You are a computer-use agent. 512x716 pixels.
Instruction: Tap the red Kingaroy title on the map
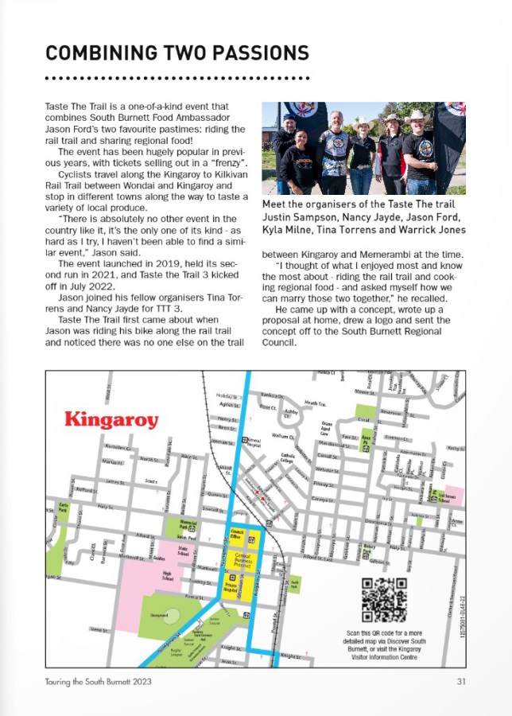[111, 419]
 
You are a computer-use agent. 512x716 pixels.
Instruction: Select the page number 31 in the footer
[461, 681]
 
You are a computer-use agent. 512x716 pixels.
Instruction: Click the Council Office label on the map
[237, 536]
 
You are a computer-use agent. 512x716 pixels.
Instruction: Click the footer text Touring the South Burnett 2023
[98, 681]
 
